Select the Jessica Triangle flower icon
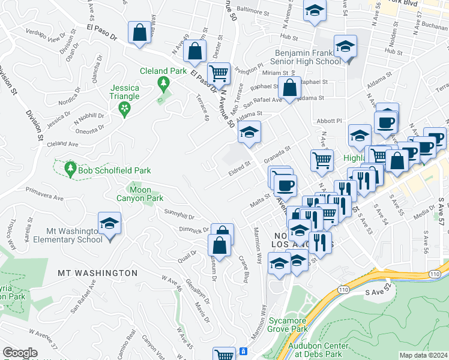[125, 109]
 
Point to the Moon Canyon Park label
[140, 193]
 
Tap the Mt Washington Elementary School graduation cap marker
[109, 225]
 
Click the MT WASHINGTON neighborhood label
[97, 273]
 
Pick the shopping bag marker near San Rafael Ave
[289, 88]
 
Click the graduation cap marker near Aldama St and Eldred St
[249, 133]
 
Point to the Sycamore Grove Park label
[287, 324]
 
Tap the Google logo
[20, 353]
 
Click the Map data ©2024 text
[423, 355]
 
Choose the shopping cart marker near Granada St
[322, 159]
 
